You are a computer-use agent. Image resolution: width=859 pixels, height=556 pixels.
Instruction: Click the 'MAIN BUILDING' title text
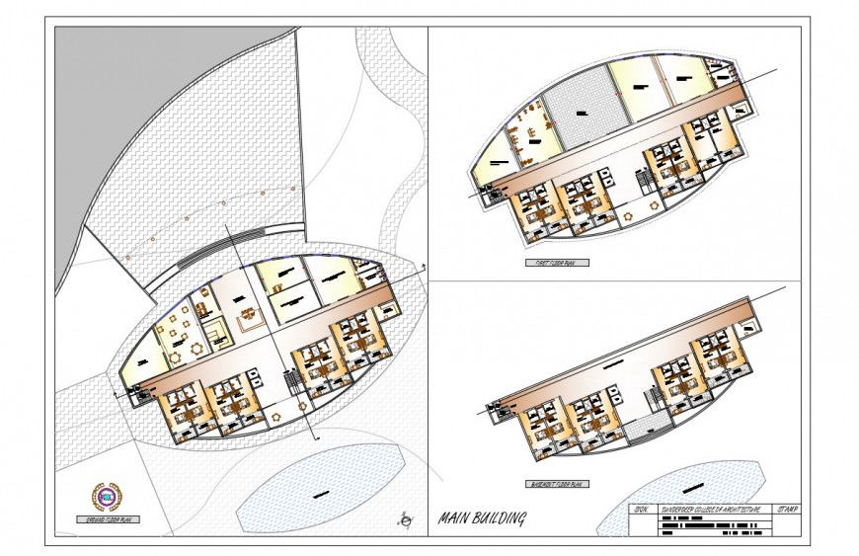tap(482, 518)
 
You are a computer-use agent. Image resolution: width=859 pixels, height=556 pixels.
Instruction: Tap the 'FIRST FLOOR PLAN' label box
tap(557, 264)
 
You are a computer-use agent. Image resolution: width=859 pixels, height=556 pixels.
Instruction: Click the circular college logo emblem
tap(104, 495)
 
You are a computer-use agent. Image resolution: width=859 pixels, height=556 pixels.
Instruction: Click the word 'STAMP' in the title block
tap(788, 510)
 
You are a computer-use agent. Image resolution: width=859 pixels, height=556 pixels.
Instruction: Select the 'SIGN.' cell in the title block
tap(641, 510)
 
